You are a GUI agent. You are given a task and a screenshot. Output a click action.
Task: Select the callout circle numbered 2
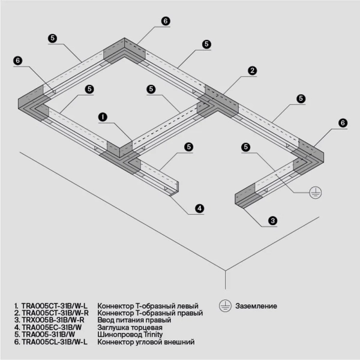coord(253,70)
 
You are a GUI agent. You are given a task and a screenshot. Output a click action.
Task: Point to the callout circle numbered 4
coord(200,209)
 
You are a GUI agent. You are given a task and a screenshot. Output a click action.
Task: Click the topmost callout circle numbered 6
coord(166,20)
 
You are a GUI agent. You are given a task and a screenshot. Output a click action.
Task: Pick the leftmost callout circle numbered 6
coord(17,60)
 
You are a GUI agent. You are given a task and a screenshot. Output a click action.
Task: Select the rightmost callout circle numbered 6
coord(343,122)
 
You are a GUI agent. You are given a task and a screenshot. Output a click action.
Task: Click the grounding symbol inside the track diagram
coord(313,191)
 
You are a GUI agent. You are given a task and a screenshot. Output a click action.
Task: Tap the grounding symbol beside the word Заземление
coord(224,306)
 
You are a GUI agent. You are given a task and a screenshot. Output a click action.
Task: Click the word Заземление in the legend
coord(256,306)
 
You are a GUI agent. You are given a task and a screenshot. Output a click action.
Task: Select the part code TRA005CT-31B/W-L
coord(55,305)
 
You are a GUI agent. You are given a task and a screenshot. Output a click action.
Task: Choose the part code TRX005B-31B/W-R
coord(54,320)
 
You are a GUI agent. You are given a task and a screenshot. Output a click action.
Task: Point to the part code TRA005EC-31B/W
coord(51,328)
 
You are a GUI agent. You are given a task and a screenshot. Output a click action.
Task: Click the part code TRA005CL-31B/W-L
coord(55,342)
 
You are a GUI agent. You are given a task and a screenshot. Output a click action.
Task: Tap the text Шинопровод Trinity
coord(131,335)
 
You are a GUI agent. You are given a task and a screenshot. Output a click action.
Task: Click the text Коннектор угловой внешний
coord(146,342)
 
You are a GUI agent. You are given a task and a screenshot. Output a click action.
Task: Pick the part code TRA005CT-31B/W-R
coord(55,313)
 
